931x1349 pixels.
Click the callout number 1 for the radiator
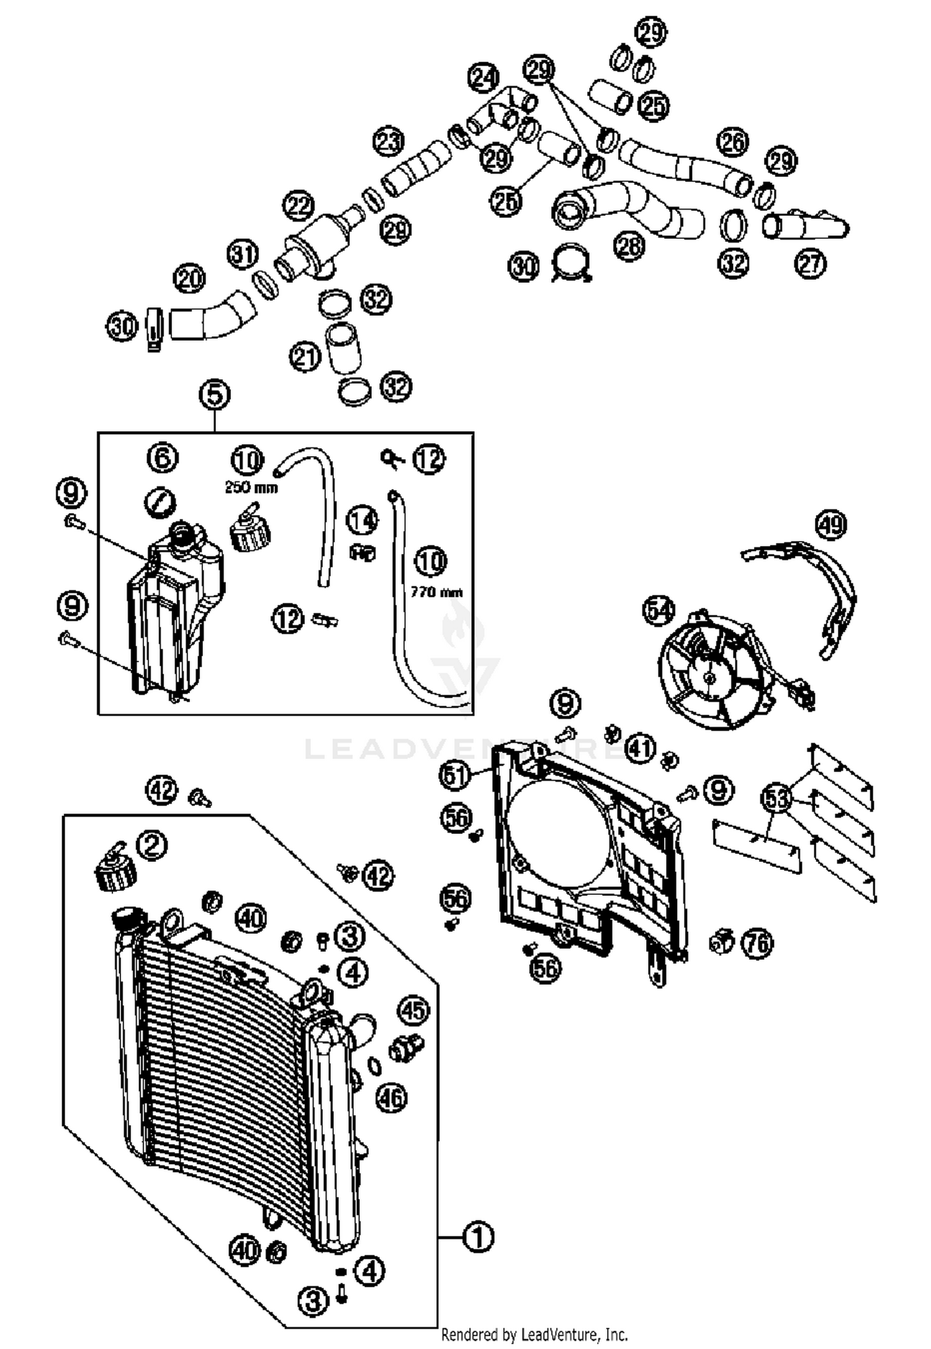tap(479, 1237)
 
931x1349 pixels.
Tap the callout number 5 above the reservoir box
tap(215, 395)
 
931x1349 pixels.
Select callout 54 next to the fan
tap(659, 610)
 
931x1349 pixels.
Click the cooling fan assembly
tap(714, 670)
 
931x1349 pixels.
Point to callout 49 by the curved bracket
tap(831, 525)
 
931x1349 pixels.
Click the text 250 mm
tap(251, 488)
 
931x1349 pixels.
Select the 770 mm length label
tap(436, 593)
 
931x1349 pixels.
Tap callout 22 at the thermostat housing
tap(299, 206)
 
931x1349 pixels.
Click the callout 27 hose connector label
tap(811, 264)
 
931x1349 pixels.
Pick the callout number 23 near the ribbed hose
tap(389, 142)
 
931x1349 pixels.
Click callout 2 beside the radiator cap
tap(153, 845)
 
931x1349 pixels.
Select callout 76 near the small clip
tap(758, 944)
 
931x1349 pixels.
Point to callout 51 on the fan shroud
tap(455, 776)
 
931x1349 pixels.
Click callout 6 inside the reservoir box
tap(163, 458)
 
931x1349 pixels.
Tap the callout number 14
tap(362, 520)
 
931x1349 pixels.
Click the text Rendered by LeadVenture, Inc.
tap(534, 1334)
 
